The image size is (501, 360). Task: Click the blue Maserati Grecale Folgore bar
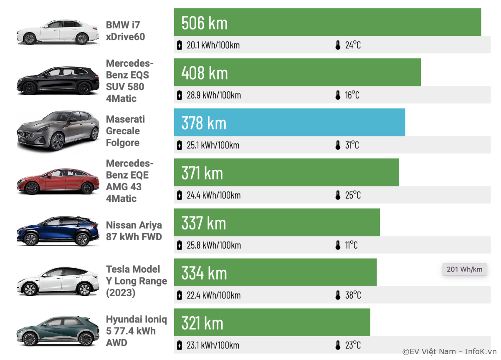click(x=289, y=122)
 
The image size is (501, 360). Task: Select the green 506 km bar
click(x=327, y=22)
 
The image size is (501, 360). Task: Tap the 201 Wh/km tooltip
click(x=464, y=269)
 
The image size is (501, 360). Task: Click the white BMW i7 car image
click(x=58, y=32)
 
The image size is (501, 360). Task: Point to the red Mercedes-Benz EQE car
click(x=58, y=182)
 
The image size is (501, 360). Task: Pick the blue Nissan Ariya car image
click(x=58, y=232)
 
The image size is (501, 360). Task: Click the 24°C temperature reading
click(x=353, y=45)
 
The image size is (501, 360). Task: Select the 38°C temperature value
click(x=353, y=295)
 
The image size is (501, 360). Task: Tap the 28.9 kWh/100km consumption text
click(x=213, y=95)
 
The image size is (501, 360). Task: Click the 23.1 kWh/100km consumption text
click(x=213, y=345)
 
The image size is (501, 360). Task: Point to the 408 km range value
click(x=205, y=73)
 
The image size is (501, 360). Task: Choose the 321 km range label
click(x=202, y=323)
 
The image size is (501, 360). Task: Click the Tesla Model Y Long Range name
click(x=136, y=281)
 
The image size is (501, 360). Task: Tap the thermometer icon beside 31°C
click(x=338, y=145)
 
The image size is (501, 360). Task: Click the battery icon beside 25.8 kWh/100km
click(x=180, y=245)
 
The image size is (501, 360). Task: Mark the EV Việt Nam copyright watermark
click(x=449, y=352)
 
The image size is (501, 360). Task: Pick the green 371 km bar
click(x=286, y=172)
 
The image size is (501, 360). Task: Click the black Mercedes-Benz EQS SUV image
click(x=58, y=81)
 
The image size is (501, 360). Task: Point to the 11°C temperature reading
click(x=351, y=245)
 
